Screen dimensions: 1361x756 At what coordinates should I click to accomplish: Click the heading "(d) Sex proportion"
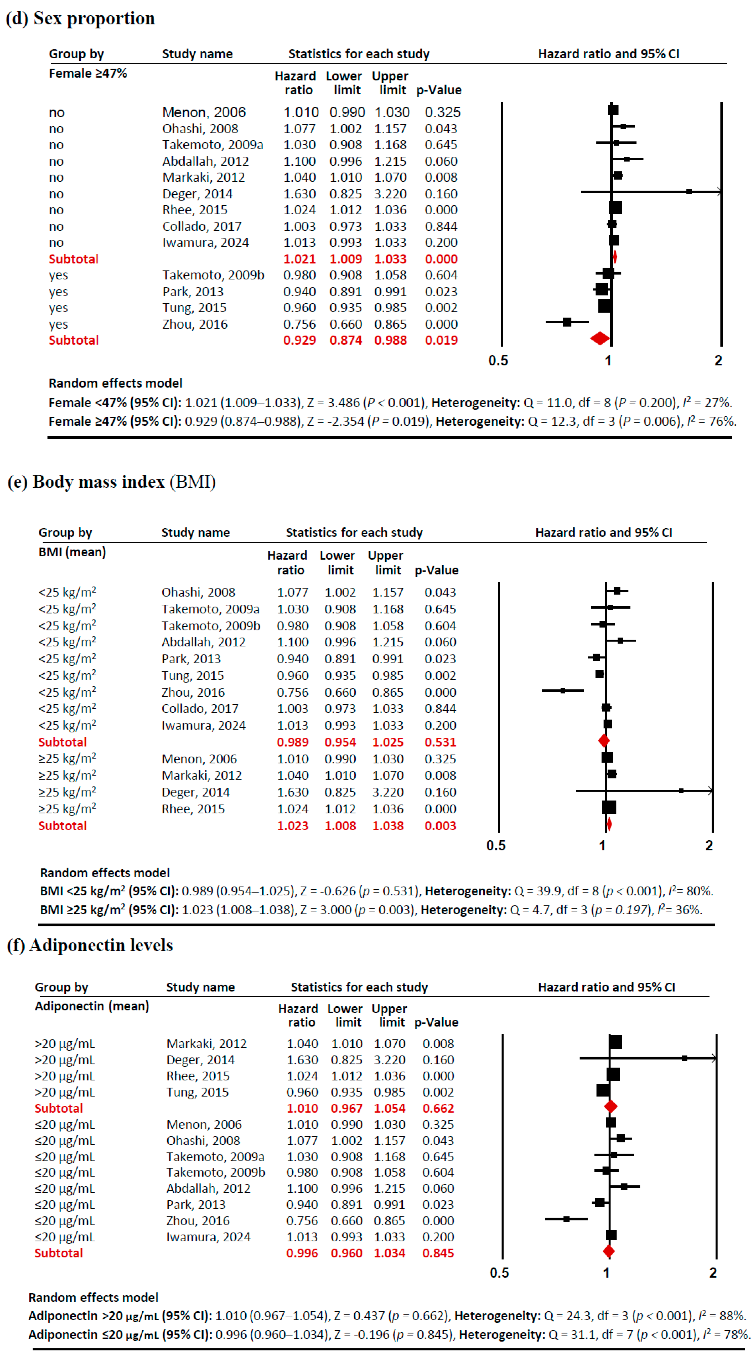click(x=80, y=18)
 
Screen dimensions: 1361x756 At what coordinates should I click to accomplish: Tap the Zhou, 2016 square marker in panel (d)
click(x=567, y=322)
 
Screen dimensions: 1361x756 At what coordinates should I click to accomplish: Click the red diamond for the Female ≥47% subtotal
click(x=600, y=338)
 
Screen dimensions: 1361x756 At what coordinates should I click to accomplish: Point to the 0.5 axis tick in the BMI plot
click(x=496, y=845)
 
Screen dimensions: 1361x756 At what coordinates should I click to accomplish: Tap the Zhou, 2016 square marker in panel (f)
click(x=566, y=1219)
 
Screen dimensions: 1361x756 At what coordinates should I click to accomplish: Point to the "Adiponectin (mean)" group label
click(x=92, y=1006)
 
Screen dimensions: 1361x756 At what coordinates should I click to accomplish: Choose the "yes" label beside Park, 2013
click(x=58, y=292)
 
